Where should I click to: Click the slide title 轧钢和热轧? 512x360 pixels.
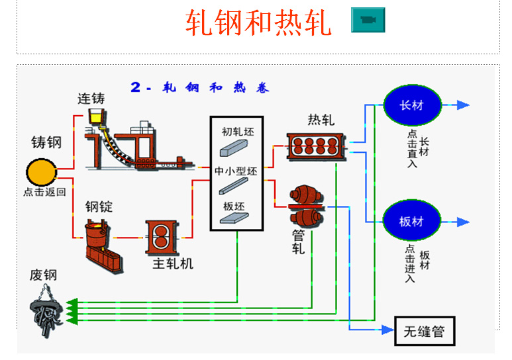(x=258, y=22)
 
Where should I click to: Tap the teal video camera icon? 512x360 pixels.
(x=368, y=21)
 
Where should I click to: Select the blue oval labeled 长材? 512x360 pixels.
(x=411, y=105)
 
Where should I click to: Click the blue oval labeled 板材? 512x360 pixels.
(x=411, y=221)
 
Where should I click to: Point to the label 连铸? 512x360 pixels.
(x=91, y=99)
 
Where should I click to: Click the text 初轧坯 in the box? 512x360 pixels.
(x=237, y=132)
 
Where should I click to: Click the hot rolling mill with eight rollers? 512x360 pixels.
(x=316, y=147)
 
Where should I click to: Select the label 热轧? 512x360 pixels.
(x=321, y=120)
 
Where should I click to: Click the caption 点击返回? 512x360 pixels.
(x=44, y=193)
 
